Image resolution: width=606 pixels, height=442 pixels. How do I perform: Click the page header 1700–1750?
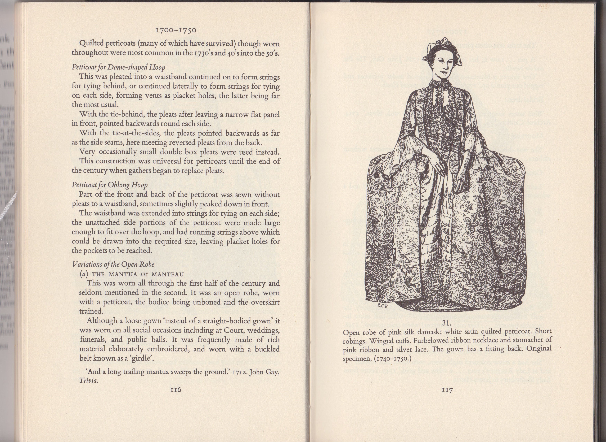pyautogui.click(x=176, y=30)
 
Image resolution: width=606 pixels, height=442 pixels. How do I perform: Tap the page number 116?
pyautogui.click(x=176, y=389)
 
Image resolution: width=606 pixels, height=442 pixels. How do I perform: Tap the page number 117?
pyautogui.click(x=447, y=390)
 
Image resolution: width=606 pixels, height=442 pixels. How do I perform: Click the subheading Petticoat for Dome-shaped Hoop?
pyautogui.click(x=118, y=67)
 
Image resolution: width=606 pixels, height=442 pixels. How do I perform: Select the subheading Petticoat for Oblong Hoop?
pyautogui.click(x=110, y=185)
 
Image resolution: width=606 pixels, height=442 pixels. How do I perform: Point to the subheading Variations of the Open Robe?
pyautogui.click(x=113, y=264)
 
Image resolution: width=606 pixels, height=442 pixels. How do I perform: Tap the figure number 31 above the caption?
pyautogui.click(x=447, y=323)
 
